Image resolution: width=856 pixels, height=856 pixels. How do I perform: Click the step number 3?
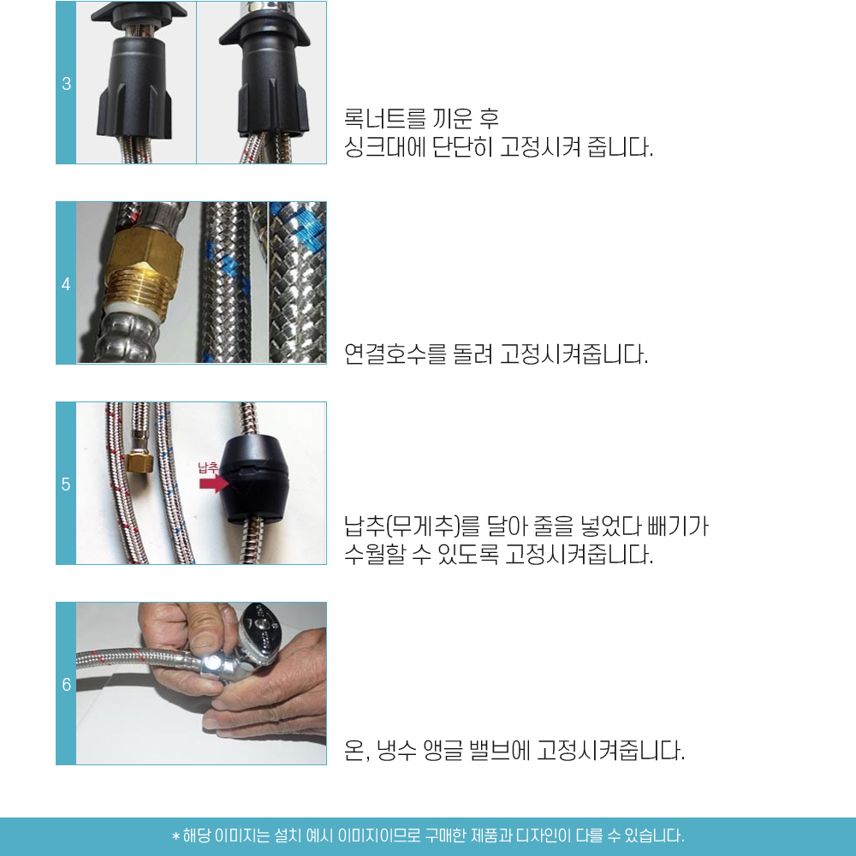pos(66,84)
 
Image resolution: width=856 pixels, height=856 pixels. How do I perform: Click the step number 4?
pos(66,284)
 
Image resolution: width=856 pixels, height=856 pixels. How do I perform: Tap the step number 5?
pos(66,484)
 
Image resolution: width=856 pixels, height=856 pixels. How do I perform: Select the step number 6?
pos(66,685)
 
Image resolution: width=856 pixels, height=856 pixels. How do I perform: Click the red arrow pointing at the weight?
pos(214,483)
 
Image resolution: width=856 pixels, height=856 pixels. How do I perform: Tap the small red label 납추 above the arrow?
pos(208,467)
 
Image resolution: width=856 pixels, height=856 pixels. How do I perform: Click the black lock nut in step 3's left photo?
pos(135,87)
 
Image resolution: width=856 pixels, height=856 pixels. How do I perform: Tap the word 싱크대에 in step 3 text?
pos(384,147)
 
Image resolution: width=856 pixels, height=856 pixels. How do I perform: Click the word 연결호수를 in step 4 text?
pos(395,354)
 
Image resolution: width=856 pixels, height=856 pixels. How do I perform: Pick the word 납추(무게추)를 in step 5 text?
pos(412,526)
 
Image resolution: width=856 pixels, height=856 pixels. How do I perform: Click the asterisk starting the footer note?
pos(175,836)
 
